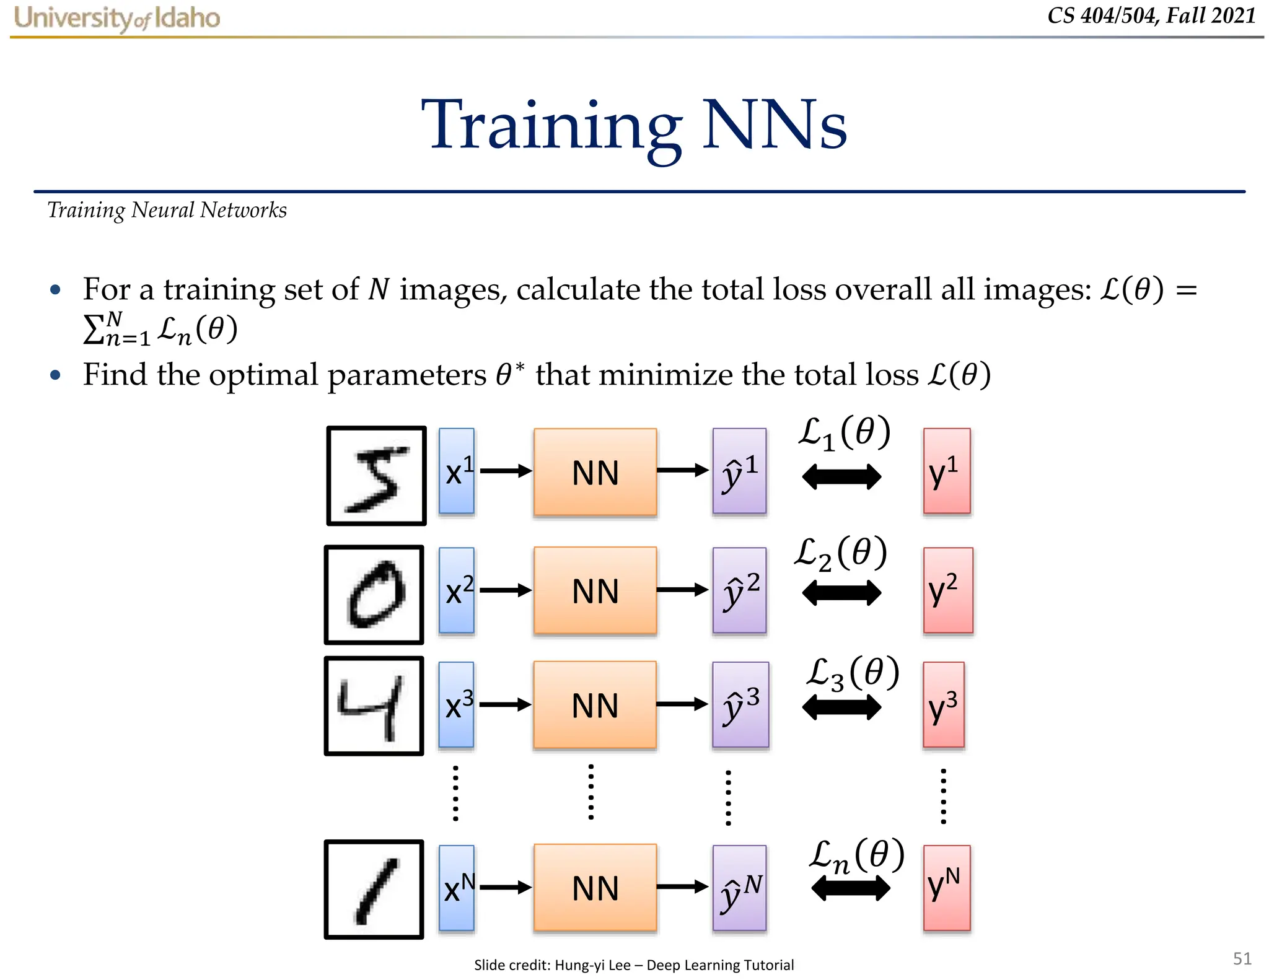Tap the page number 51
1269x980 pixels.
click(1242, 958)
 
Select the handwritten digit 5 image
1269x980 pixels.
click(376, 476)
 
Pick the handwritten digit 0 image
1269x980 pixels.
click(374, 595)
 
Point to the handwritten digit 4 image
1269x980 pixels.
click(374, 706)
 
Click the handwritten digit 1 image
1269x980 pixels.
click(374, 889)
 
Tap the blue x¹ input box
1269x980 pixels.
click(457, 471)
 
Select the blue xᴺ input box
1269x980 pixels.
click(457, 888)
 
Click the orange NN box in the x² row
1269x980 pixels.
click(595, 590)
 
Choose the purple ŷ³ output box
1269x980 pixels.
click(740, 705)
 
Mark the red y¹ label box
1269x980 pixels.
click(946, 471)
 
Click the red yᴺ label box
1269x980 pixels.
click(946, 888)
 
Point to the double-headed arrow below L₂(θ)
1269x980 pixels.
click(841, 593)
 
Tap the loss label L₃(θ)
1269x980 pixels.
click(853, 674)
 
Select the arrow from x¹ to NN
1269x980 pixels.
click(505, 471)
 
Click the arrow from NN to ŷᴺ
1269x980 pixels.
click(682, 887)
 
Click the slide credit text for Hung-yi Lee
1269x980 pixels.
click(633, 965)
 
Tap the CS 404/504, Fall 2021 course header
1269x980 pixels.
click(1151, 15)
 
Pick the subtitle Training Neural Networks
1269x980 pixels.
click(167, 211)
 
